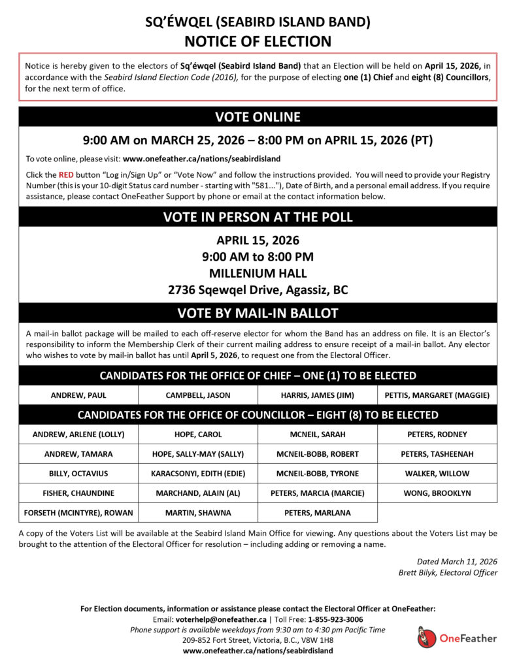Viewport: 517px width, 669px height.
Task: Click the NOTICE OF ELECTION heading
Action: tap(258, 41)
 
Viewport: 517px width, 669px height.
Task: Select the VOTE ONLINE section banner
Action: tap(258, 117)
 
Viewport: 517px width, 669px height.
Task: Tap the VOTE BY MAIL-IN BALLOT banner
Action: tap(258, 313)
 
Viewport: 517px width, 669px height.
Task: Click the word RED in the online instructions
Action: tap(66, 175)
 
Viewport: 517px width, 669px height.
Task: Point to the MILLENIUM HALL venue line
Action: tap(258, 272)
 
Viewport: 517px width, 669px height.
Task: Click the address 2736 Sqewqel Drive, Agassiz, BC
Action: tap(258, 289)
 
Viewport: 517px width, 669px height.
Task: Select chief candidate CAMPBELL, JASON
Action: tap(197, 395)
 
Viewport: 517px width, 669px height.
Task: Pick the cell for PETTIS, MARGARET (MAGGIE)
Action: tap(437, 395)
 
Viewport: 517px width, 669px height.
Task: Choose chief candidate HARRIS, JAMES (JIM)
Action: tap(317, 395)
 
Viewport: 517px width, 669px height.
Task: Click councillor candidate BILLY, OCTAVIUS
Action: tap(78, 473)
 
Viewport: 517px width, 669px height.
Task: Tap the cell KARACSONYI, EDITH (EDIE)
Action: tap(197, 473)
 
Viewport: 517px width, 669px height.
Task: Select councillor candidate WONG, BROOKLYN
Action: tap(437, 493)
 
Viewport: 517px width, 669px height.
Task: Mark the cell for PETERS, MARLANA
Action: tap(317, 512)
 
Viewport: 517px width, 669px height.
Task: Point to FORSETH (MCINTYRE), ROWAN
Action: tap(78, 512)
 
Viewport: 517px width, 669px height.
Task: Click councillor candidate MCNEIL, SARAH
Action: tap(317, 434)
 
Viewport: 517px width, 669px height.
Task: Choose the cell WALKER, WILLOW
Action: tap(437, 473)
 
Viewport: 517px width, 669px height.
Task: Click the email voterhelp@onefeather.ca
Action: tap(221, 619)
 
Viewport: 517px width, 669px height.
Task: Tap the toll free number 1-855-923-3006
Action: tap(334, 619)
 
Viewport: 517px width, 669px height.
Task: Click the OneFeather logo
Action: tap(457, 638)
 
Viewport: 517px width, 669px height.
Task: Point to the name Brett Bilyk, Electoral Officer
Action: tap(448, 572)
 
